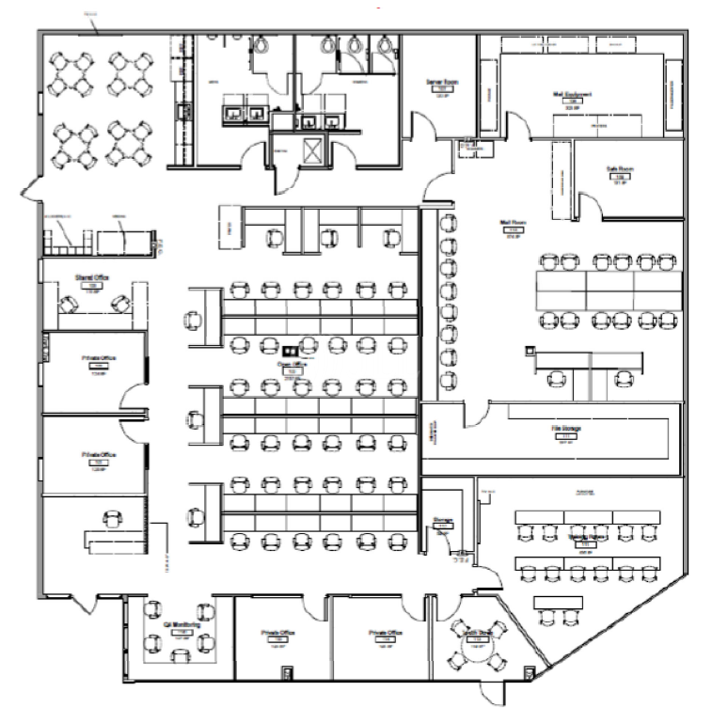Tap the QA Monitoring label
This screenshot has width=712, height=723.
179,623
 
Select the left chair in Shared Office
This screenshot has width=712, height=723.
70,304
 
